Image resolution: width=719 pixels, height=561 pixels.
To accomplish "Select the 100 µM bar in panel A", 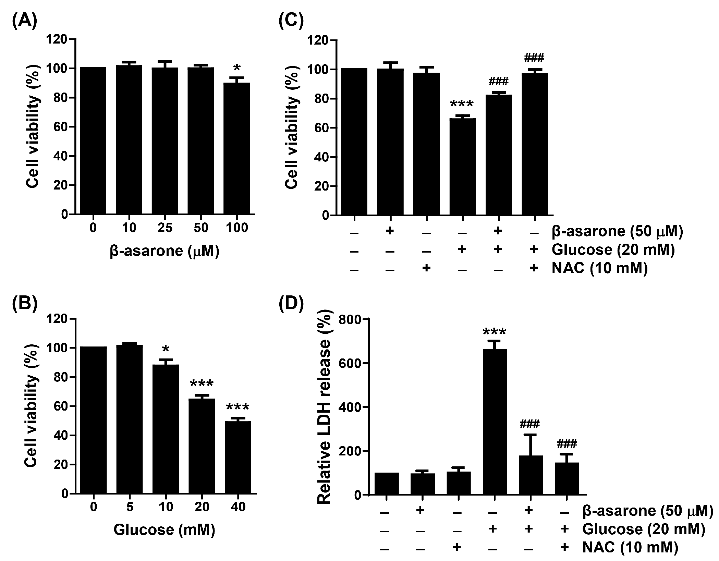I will [x=236, y=147].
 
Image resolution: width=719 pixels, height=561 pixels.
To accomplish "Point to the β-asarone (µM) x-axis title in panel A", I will [x=164, y=251].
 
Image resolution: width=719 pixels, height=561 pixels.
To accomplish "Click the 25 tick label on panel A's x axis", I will [x=164, y=228].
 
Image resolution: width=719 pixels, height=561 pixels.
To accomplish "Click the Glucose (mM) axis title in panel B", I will [x=164, y=529].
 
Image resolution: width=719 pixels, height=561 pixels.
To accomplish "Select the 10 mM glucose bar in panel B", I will [x=166, y=428].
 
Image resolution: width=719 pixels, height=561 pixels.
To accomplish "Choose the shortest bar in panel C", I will [x=462, y=166].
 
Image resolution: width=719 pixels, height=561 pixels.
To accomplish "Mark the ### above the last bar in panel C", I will [x=534, y=57].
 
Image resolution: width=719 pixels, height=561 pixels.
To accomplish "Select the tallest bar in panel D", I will [x=494, y=422].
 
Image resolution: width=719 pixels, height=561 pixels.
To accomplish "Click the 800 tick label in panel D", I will [x=350, y=319].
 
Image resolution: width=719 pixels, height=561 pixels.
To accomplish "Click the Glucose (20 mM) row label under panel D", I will [x=644, y=529].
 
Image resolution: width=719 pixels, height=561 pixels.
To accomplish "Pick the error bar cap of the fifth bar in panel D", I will [x=530, y=435].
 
